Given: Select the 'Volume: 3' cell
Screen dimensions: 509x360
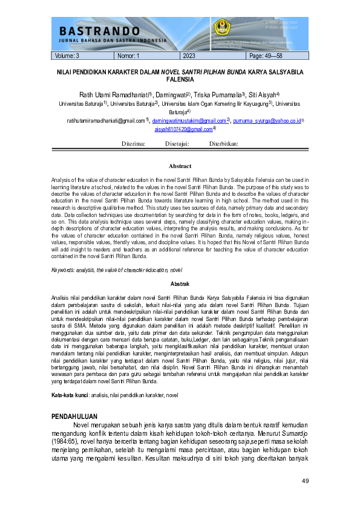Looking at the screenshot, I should (67, 56).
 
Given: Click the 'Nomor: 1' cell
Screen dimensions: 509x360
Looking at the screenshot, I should (129, 56).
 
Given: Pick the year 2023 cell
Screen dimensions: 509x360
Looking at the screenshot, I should (189, 56).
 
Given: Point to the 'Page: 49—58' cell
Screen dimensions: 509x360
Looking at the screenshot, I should (266, 56).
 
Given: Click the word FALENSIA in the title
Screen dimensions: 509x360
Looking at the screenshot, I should (180, 79).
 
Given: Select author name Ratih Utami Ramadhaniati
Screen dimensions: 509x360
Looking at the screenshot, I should (114, 95).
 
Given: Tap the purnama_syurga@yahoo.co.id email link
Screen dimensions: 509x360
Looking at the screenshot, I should (266, 121).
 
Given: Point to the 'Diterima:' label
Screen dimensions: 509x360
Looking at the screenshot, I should (134, 144).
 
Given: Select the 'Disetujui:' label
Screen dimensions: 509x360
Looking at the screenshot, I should (177, 144).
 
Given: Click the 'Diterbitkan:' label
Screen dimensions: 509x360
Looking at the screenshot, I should (224, 144).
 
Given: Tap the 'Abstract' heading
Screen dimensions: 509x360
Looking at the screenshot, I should (180, 166).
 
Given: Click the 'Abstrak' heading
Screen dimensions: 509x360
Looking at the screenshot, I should (180, 284).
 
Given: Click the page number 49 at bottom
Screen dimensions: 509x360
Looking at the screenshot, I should (305, 481).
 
